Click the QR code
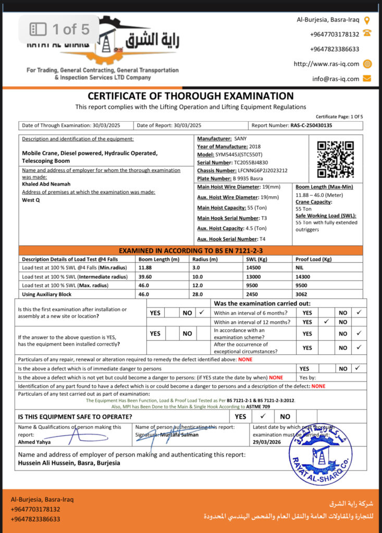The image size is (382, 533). tap(336, 159)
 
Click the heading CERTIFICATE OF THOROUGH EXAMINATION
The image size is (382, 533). tap(191, 96)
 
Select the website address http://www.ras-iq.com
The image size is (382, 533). tap(326, 64)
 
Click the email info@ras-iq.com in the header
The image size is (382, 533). tap(336, 79)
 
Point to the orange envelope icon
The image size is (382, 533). tap(367, 79)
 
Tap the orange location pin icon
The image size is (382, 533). tap(367, 20)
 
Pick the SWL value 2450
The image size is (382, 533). tap(252, 294)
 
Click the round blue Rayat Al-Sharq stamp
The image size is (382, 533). tap(320, 454)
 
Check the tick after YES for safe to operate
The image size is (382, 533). tap(263, 416)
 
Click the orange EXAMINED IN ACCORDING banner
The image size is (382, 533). tap(191, 250)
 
